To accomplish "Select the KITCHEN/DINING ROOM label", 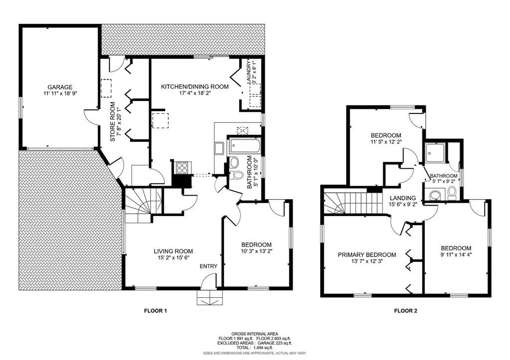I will pyautogui.click(x=194, y=87).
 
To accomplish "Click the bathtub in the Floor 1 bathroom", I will pyautogui.click(x=244, y=146).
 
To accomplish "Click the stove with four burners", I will pyautogui.click(x=181, y=168).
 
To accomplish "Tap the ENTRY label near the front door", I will pyautogui.click(x=208, y=266).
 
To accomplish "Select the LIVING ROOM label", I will pyautogui.click(x=173, y=251).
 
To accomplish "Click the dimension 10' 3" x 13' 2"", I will pyautogui.click(x=256, y=252).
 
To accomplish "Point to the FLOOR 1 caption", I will pyautogui.click(x=155, y=311).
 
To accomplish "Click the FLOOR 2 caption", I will pyautogui.click(x=405, y=311).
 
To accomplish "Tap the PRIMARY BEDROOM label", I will pyautogui.click(x=367, y=254).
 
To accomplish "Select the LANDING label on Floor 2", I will pyautogui.click(x=403, y=198).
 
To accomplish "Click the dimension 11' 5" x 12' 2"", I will pyautogui.click(x=386, y=142).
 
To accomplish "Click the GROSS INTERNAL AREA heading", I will pyautogui.click(x=255, y=334).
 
